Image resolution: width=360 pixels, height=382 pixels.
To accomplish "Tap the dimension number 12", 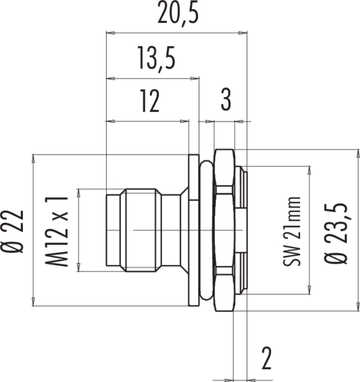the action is click(150, 101).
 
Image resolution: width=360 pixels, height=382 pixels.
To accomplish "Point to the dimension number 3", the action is click(226, 99).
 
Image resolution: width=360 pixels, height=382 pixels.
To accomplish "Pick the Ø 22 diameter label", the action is click(12, 231).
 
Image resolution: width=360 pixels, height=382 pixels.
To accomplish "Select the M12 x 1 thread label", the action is click(56, 231).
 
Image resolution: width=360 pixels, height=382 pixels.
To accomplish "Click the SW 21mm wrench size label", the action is click(292, 231).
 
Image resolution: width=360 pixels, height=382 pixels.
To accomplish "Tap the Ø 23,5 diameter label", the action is click(338, 233).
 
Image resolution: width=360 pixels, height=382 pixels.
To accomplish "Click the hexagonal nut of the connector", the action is click(224, 230).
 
